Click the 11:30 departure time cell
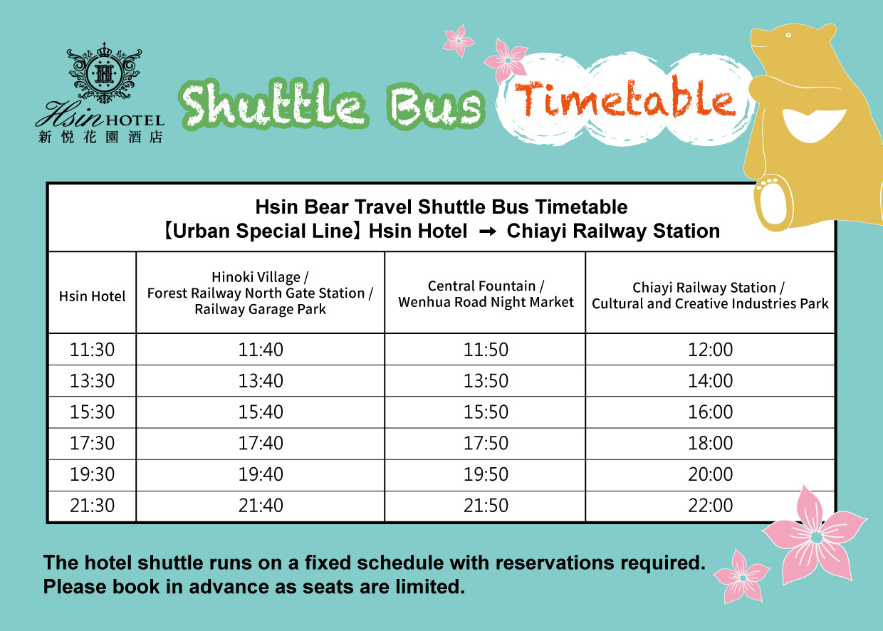93,350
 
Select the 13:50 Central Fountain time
486,381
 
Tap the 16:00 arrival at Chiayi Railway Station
711,412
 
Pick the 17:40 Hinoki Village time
261,443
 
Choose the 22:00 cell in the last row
711,505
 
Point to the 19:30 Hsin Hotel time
93,474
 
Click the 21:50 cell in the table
486,505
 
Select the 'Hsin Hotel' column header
93,296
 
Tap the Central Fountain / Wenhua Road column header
486,294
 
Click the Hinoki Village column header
260,293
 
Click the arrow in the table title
488,231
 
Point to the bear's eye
788,35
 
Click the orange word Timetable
625,98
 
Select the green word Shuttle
273,105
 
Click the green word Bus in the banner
436,106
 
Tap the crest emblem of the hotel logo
104,73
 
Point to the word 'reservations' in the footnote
555,563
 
